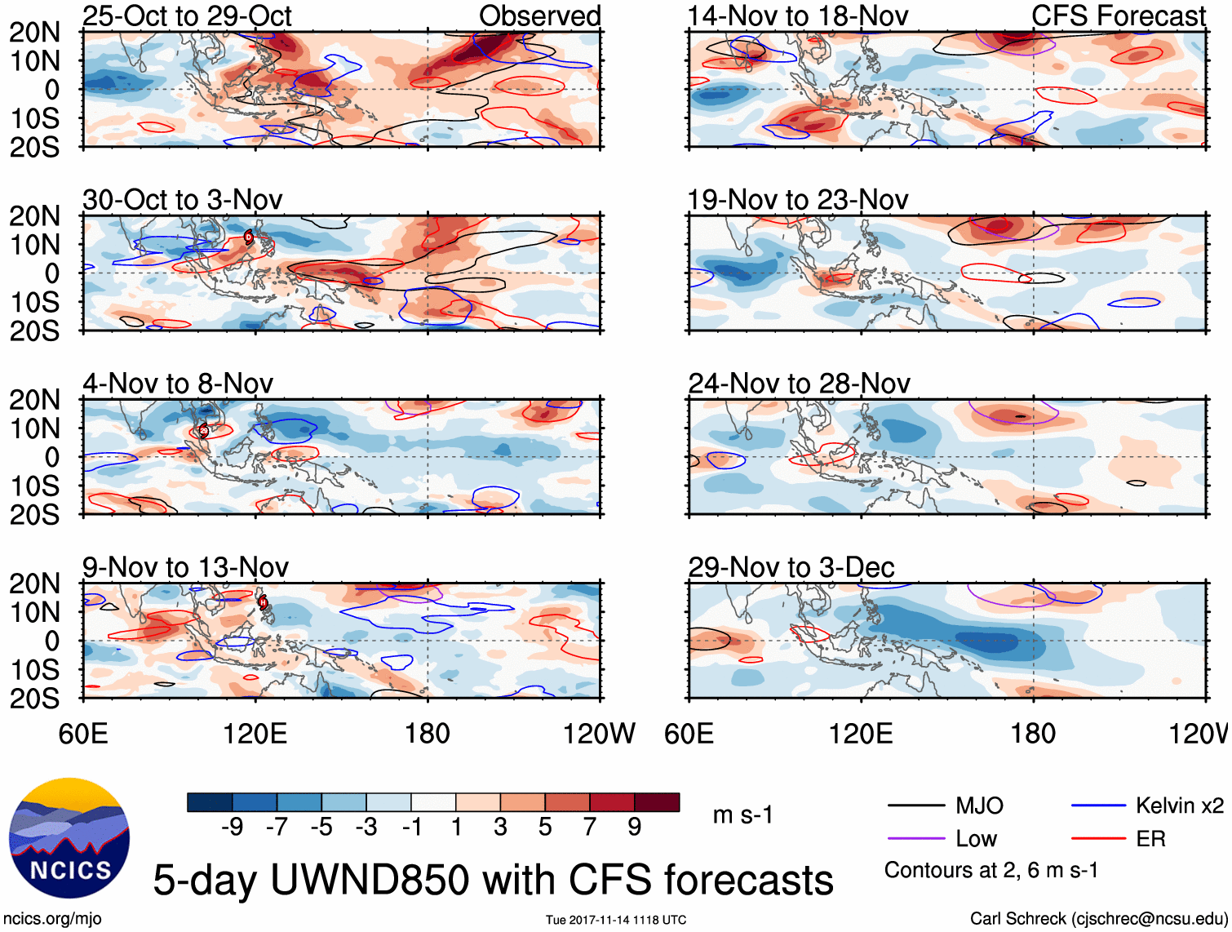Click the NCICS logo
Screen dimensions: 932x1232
pos(69,838)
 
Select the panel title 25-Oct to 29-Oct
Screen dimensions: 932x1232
pos(187,16)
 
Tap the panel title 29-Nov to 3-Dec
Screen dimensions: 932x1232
pos(791,567)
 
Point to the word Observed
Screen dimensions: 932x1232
pos(539,16)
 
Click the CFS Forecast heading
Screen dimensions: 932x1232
pos(1118,16)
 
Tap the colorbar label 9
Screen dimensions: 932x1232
pos(634,828)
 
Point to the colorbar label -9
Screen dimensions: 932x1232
pos(232,828)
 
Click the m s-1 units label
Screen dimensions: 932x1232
pos(742,814)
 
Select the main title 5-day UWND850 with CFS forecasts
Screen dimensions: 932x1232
pos(493,880)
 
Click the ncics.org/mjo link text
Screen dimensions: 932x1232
pos(52,919)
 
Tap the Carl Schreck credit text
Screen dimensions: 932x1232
pos(1097,919)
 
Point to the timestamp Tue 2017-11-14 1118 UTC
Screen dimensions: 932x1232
pos(616,920)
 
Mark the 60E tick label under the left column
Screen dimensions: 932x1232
pos(82,733)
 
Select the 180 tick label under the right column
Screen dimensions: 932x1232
pos(1033,733)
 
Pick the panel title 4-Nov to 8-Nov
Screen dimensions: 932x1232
pos(177,384)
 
